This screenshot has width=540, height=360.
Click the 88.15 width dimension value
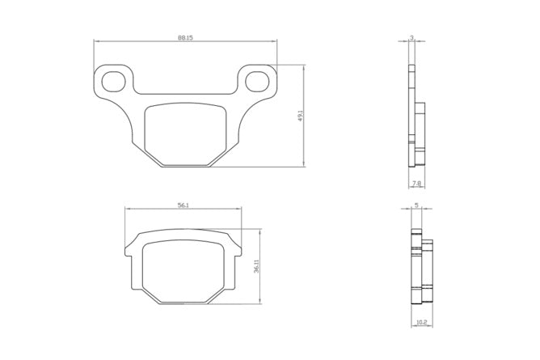185,37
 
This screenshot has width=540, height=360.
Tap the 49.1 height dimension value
300,116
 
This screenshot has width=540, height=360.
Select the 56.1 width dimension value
183,205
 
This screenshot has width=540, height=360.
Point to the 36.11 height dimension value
256,266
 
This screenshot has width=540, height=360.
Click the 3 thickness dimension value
411,37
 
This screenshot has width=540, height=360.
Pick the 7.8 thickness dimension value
416,184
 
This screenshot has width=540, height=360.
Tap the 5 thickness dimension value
416,205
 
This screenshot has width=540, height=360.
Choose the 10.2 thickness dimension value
422,323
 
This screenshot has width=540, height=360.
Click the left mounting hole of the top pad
113,81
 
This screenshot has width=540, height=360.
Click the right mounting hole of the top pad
257,81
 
